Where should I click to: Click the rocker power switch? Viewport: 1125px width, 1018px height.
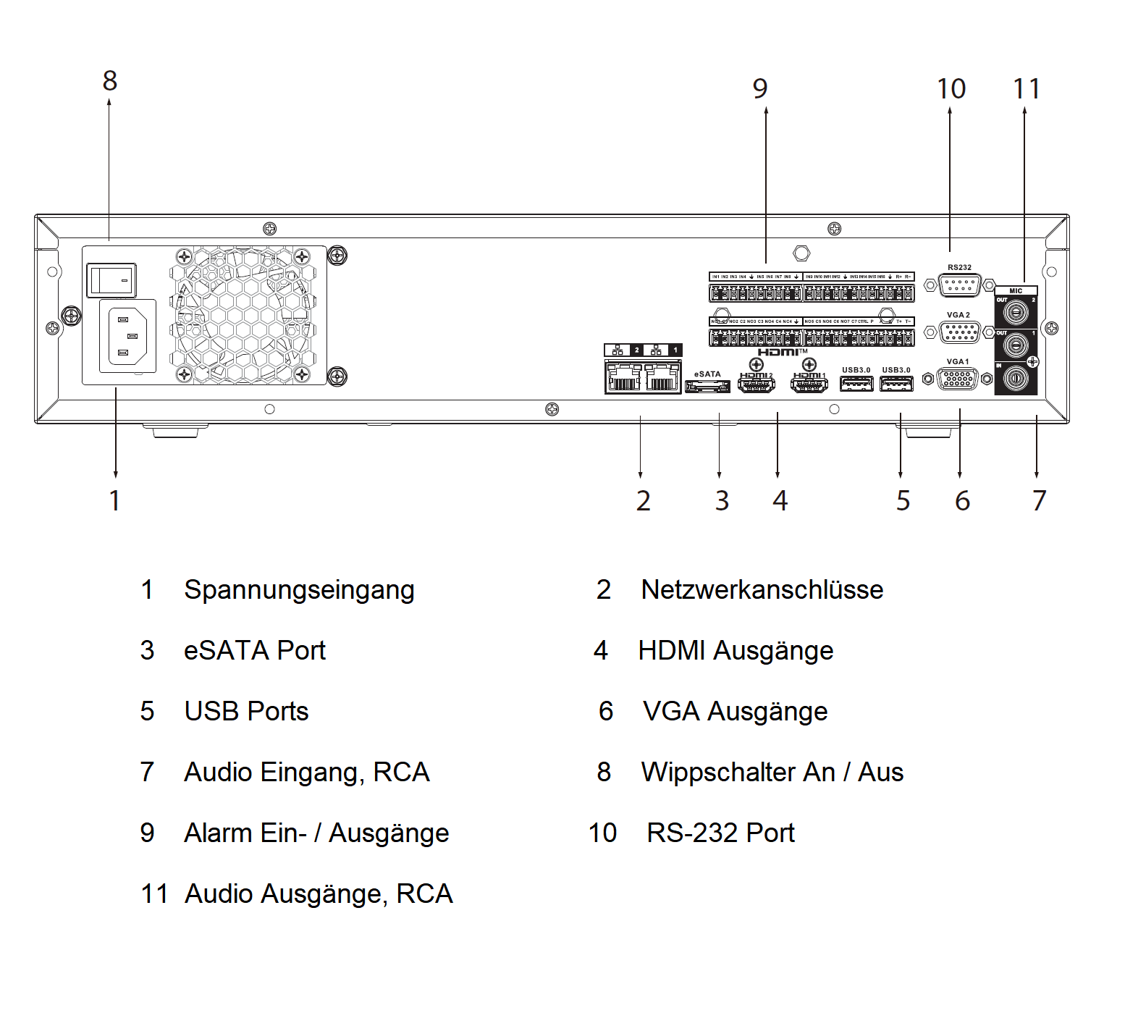(x=111, y=280)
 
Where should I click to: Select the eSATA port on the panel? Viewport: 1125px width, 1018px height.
(x=707, y=387)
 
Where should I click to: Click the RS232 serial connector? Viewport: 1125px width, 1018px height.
(x=960, y=285)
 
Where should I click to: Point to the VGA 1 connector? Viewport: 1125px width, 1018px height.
(x=957, y=379)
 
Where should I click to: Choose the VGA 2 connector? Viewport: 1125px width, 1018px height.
(x=960, y=332)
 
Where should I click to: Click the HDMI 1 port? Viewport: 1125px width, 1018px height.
(x=809, y=384)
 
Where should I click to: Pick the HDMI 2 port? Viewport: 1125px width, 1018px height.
(x=756, y=384)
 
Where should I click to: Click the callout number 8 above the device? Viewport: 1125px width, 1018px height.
(x=110, y=81)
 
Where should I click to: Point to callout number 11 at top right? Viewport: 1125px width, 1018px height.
(x=1026, y=89)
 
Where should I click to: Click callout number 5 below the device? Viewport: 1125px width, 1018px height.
(x=903, y=501)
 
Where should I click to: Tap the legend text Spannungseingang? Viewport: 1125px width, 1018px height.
(x=299, y=590)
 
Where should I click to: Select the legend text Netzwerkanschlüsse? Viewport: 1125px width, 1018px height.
(x=762, y=590)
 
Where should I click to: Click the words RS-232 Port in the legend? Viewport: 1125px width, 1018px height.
(x=720, y=833)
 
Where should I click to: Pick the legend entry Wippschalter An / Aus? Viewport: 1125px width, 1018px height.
(x=772, y=773)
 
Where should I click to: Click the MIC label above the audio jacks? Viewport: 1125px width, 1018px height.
(x=1016, y=290)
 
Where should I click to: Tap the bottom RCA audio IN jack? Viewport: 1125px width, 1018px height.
(x=1015, y=377)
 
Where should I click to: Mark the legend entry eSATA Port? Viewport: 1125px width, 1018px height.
(x=255, y=651)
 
